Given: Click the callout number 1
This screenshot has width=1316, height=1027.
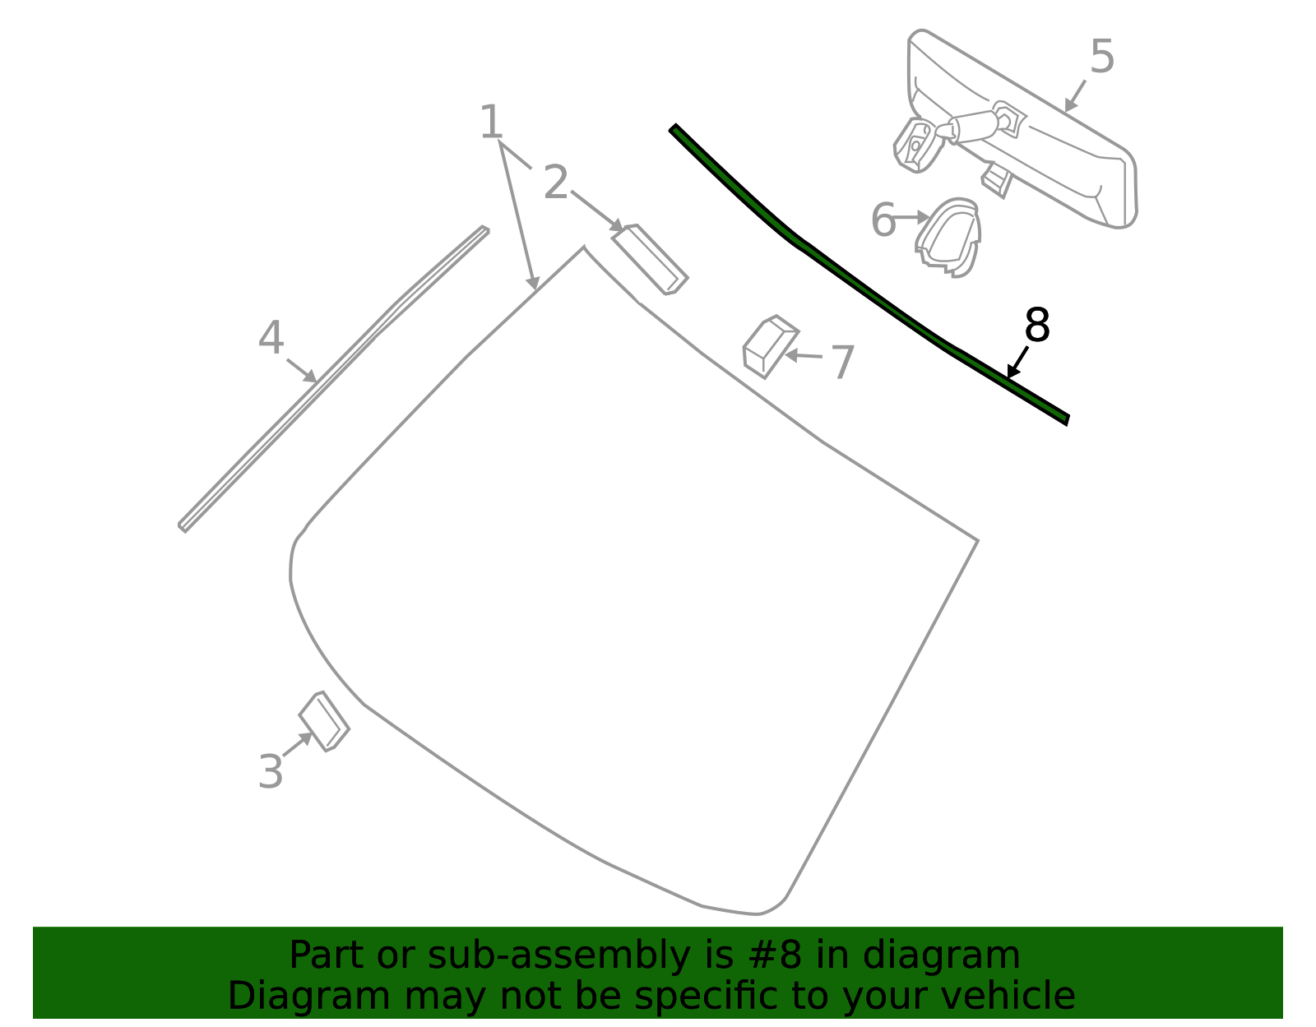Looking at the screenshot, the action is (x=490, y=123).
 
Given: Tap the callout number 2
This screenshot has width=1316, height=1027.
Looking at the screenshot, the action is (x=556, y=183).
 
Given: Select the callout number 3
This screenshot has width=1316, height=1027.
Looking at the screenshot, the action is (x=270, y=771).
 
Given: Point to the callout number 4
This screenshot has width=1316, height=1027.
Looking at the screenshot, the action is (x=271, y=337).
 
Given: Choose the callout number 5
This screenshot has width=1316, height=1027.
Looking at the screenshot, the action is (x=1101, y=56).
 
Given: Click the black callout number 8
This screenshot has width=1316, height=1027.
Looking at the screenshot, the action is (x=1037, y=325).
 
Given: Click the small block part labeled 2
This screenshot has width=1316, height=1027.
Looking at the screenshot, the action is (x=650, y=260).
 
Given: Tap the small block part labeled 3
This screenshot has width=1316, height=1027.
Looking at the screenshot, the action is (x=324, y=721).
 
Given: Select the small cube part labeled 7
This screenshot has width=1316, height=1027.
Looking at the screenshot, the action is (x=770, y=347).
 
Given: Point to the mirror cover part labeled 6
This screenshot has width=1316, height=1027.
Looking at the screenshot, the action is (x=948, y=238).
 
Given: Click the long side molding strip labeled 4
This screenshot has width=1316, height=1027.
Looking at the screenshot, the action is (x=333, y=379).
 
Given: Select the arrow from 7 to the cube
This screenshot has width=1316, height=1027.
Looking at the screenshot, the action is (x=803, y=355).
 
